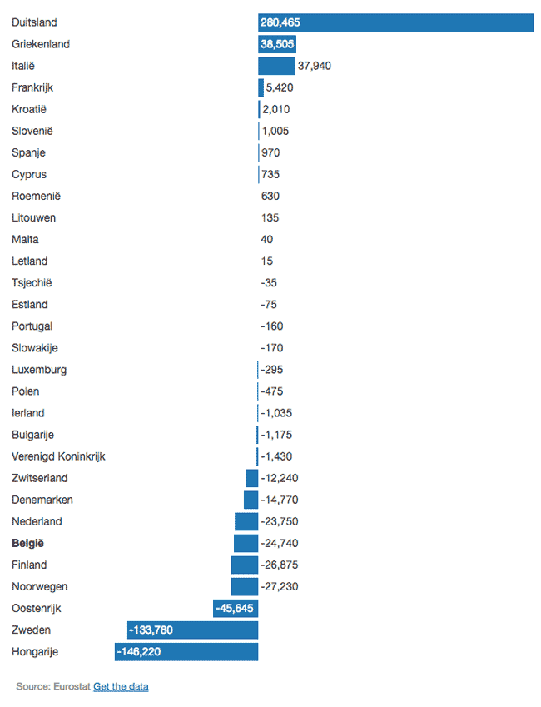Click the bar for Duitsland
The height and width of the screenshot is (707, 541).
point(395,22)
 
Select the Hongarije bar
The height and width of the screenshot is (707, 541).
point(186,651)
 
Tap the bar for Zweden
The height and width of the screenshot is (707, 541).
point(192,630)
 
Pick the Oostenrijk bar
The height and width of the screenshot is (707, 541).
point(236,608)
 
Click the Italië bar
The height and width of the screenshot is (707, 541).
point(276,66)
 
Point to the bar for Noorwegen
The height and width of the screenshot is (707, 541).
point(245,586)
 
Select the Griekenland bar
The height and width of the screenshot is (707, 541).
point(277,44)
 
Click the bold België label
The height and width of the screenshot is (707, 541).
point(27,543)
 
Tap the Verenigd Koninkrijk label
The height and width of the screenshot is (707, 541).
point(58,456)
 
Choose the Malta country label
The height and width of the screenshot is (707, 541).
point(26,239)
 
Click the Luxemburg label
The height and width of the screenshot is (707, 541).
point(39,369)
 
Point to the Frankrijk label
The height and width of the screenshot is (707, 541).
point(32,87)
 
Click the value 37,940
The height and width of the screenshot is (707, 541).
point(315,66)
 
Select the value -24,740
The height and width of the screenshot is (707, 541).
point(280,543)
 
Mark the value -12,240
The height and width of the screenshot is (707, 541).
point(280,478)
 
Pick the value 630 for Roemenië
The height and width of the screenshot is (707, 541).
point(270,196)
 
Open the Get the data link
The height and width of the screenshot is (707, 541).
point(121,686)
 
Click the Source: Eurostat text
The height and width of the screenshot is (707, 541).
point(52,686)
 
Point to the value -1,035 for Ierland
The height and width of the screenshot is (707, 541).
point(276,413)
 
